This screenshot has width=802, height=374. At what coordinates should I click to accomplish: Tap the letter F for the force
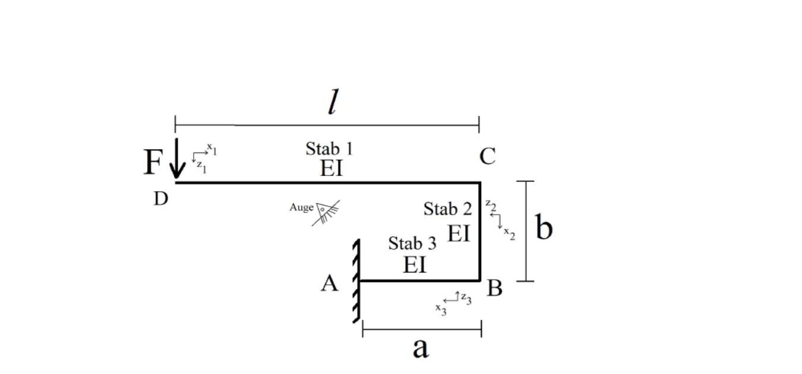[x=153, y=162]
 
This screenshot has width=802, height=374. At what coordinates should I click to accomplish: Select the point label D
[x=161, y=199]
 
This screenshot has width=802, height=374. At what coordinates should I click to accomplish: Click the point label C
[x=487, y=157]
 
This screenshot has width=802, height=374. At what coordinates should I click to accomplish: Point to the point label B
[x=494, y=288]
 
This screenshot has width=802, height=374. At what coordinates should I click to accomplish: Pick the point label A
[x=330, y=284]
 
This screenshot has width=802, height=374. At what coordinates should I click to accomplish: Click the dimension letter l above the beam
[x=333, y=103]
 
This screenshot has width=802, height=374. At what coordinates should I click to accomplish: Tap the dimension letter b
[x=544, y=227]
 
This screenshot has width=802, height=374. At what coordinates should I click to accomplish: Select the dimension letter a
[x=420, y=348]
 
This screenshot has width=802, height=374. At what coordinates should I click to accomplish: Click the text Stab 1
[x=329, y=149]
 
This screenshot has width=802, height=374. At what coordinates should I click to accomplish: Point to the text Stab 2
[x=447, y=209]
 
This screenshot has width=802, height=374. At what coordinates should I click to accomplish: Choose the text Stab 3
[x=412, y=243]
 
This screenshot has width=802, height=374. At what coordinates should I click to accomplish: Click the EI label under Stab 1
[x=331, y=168]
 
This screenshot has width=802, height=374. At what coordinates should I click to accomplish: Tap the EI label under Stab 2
[x=458, y=234]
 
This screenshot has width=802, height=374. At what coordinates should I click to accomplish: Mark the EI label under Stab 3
[x=415, y=265]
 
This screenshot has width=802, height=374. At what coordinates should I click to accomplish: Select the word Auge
[x=301, y=208]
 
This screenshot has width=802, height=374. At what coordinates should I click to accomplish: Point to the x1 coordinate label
[x=211, y=148]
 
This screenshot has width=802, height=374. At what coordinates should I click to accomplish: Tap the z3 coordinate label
[x=466, y=298]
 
